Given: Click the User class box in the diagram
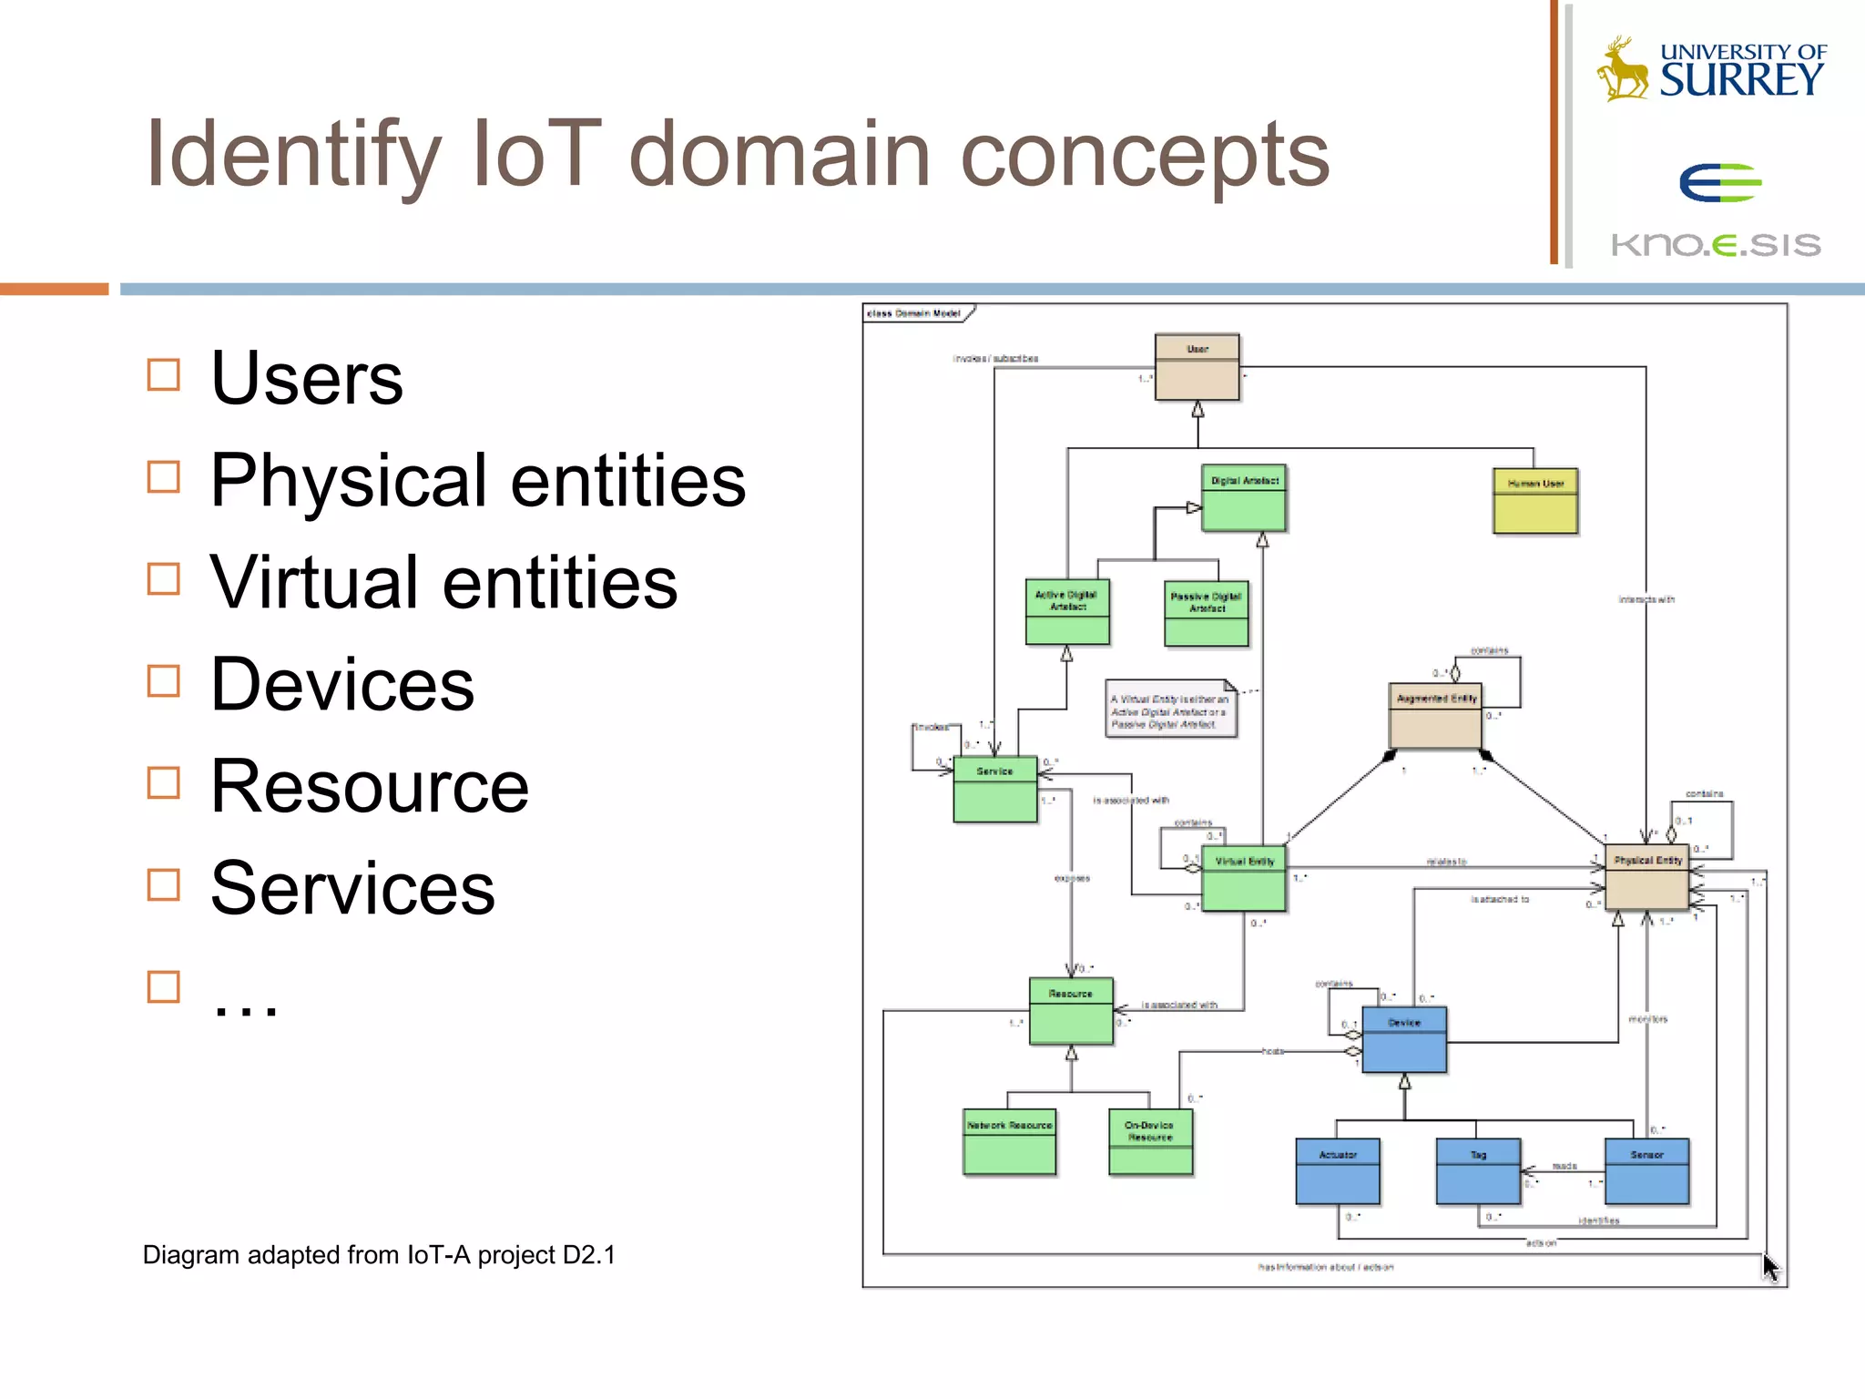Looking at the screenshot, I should pos(1197,367).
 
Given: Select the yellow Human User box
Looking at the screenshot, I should pos(1535,501).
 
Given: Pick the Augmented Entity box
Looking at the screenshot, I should pos(1435,716).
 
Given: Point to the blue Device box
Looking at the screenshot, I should pos(1404,1039).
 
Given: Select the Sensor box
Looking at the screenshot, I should pos(1646,1171).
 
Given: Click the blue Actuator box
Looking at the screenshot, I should pos(1338,1171).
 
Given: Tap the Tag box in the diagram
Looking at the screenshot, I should pos(1478,1171).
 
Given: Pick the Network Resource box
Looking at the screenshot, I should pos(1009,1141).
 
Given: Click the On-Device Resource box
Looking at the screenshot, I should pos(1150,1141).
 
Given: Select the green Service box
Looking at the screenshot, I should pos(994,789).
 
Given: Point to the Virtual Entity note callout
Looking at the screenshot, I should pos(1171,709).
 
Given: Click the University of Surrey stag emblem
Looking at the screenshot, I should pos(1622,69).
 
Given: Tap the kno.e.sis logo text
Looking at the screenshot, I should pos(1716,244).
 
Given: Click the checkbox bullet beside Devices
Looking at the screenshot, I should pos(164,680).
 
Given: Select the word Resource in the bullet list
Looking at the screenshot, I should pos(369,786).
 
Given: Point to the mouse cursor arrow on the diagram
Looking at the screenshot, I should pos(1769,1266).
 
